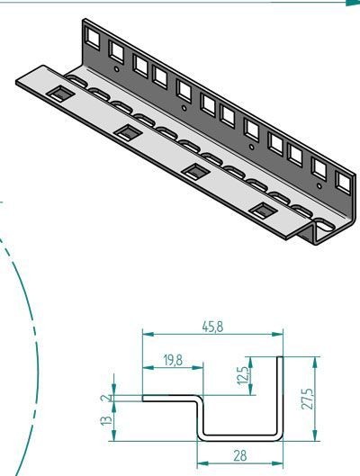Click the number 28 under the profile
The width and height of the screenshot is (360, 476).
tap(240, 455)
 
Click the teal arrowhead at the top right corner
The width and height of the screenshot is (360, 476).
tap(351, 4)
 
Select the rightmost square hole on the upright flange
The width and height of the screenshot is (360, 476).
tap(341, 185)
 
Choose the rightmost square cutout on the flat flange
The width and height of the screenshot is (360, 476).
tap(264, 211)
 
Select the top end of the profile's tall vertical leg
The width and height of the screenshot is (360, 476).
tap(280, 358)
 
